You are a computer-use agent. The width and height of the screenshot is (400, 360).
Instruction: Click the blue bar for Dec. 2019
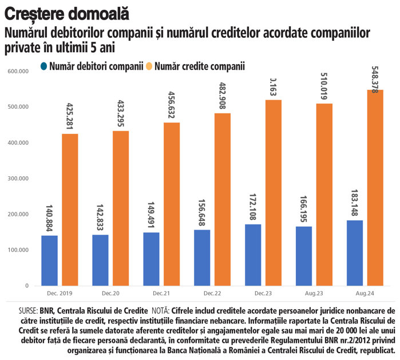[x=49, y=260]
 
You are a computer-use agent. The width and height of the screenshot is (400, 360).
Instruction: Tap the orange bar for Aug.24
[x=375, y=188]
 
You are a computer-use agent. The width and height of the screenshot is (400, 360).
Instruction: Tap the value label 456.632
[x=172, y=105]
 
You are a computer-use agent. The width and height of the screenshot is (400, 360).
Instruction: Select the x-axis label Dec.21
[x=161, y=293]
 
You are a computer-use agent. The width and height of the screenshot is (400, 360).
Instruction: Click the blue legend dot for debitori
[x=43, y=66]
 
